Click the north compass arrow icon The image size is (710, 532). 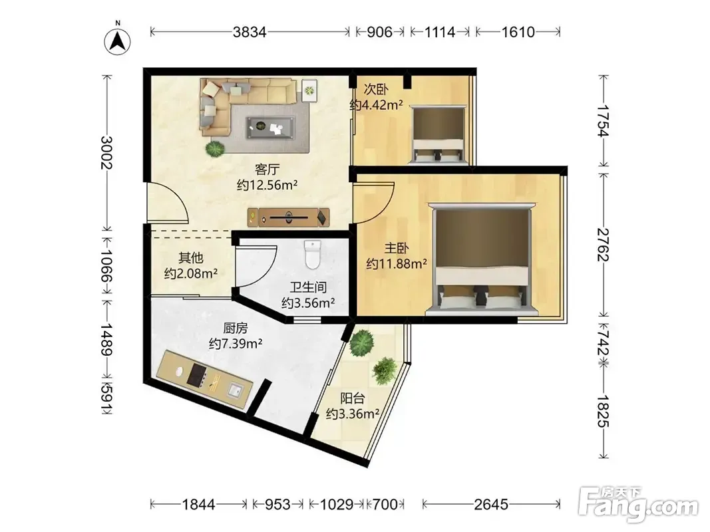pyautogui.click(x=117, y=42)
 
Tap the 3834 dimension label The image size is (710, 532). pyautogui.click(x=250, y=32)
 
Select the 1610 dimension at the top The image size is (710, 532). pyautogui.click(x=518, y=32)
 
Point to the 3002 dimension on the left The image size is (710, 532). pyautogui.click(x=107, y=152)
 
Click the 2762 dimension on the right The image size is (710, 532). pyautogui.click(x=603, y=244)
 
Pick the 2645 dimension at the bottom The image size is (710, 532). pyautogui.click(x=491, y=504)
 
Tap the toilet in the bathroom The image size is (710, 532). pyautogui.click(x=313, y=254)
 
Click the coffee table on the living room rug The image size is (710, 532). pyautogui.click(x=270, y=127)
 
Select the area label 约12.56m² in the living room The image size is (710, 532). pyautogui.click(x=267, y=185)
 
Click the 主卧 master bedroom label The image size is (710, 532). pyautogui.click(x=397, y=248)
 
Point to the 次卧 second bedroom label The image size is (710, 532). pyautogui.click(x=376, y=89)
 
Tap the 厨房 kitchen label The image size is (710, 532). pyautogui.click(x=236, y=328)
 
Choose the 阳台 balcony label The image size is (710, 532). pyautogui.click(x=352, y=398)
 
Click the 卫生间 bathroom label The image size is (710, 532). pyautogui.click(x=308, y=287)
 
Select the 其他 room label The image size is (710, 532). pyautogui.click(x=190, y=257)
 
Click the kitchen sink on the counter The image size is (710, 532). pyautogui.click(x=235, y=390)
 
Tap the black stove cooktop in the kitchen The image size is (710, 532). pyautogui.click(x=197, y=375)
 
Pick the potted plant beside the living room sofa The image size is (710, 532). pyautogui.click(x=215, y=148)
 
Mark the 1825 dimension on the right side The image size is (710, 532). pyautogui.click(x=603, y=411)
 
